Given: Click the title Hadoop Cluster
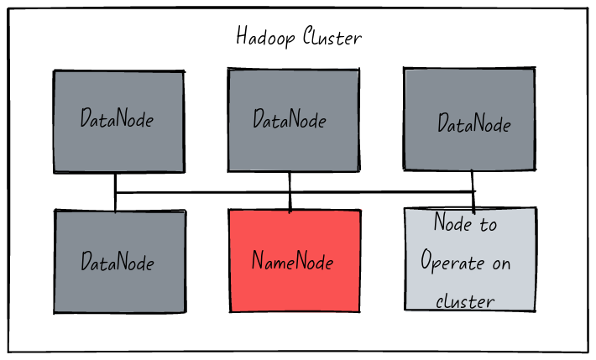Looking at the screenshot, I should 298,38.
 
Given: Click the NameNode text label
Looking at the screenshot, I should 292,261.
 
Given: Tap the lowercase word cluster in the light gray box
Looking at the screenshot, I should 465,300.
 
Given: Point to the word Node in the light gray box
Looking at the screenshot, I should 451,223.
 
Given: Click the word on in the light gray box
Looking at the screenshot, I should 501,263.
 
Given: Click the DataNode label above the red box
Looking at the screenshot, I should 290,119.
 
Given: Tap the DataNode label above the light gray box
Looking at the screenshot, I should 473,124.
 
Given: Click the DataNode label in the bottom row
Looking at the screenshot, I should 117,261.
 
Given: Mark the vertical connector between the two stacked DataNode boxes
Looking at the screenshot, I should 115,191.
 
